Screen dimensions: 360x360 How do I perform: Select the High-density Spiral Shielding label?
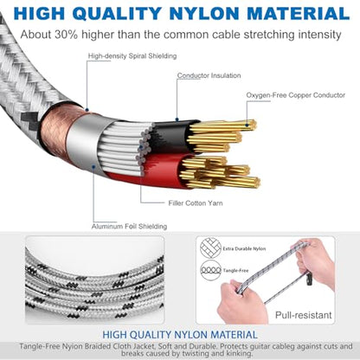pyautogui.click(x=132, y=56)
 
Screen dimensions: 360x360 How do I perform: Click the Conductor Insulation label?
pyautogui.click(x=209, y=75)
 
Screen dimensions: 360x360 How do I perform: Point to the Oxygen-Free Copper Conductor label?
pyautogui.click(x=296, y=95)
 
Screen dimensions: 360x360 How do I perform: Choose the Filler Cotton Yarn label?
pyautogui.click(x=196, y=203)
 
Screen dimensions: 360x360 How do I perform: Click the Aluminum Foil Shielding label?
pyautogui.click(x=129, y=227)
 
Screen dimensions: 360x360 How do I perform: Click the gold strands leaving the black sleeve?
pyautogui.click(x=222, y=136)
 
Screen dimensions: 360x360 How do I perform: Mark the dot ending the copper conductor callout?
pyautogui.click(x=247, y=125)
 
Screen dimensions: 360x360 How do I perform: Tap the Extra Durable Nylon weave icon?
pyautogui.click(x=210, y=247)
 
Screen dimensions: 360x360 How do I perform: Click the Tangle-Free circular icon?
pyautogui.click(x=210, y=270)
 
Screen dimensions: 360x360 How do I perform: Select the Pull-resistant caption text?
pyautogui.click(x=303, y=315)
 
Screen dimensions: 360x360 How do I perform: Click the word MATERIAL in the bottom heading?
pyautogui.click(x=234, y=335)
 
